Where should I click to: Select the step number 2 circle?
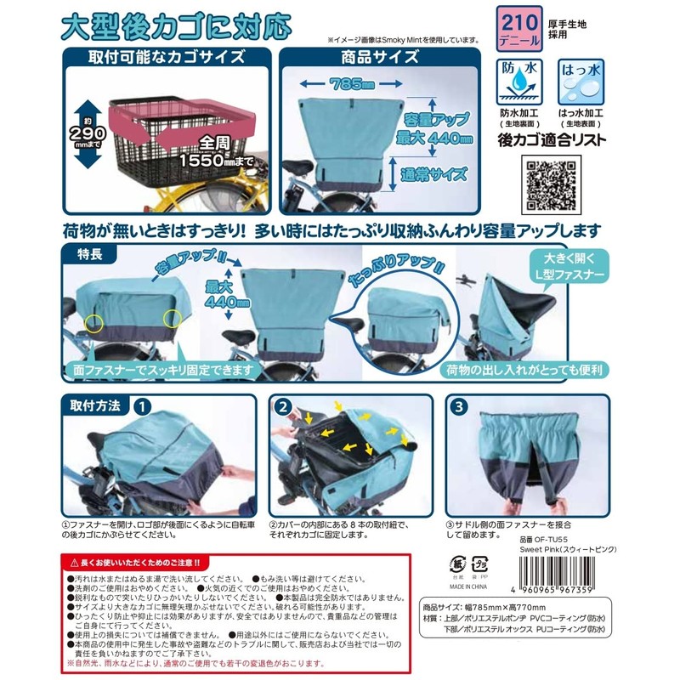281,406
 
